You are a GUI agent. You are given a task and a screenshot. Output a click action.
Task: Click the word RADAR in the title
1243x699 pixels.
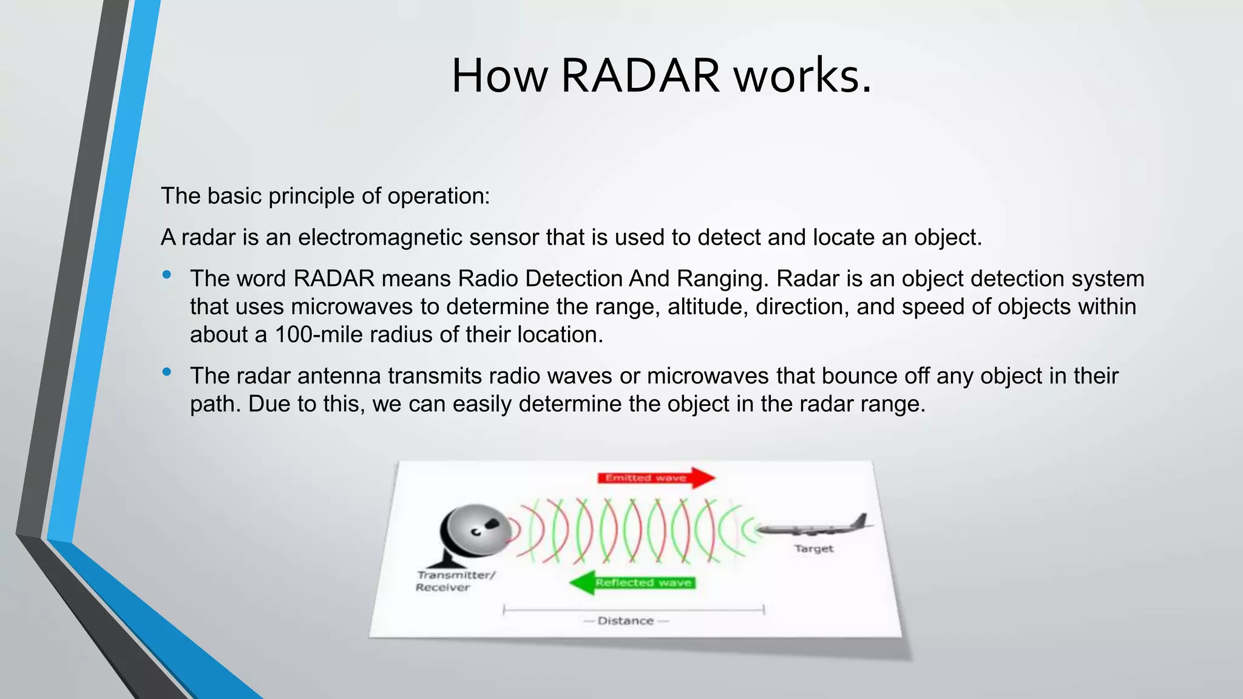pyautogui.click(x=640, y=76)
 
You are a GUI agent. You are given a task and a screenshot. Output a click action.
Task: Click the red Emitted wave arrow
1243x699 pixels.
pyautogui.click(x=655, y=478)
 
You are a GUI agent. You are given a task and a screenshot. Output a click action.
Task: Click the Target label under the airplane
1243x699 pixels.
pyautogui.click(x=814, y=549)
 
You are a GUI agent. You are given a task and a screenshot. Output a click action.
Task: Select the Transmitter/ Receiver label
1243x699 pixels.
pyautogui.click(x=455, y=581)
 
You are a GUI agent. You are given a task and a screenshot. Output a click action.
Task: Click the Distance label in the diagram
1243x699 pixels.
pyautogui.click(x=625, y=621)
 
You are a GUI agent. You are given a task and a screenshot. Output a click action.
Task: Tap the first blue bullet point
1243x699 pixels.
pyautogui.click(x=167, y=275)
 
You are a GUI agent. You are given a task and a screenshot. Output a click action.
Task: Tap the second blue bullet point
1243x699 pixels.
pyautogui.click(x=167, y=372)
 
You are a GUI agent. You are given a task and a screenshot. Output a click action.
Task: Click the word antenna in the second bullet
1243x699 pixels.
pyautogui.click(x=343, y=376)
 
